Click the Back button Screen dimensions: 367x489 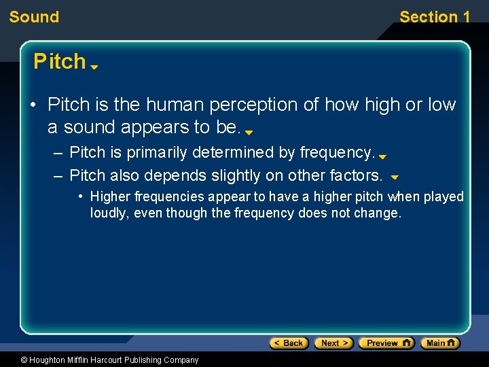click(x=289, y=343)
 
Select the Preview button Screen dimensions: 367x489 click(x=386, y=343)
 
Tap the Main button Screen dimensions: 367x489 click(x=440, y=343)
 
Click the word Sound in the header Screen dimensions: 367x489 click(x=34, y=17)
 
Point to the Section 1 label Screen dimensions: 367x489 click(x=435, y=17)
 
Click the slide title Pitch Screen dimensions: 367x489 click(x=60, y=62)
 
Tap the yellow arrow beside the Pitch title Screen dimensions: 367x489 click(x=94, y=67)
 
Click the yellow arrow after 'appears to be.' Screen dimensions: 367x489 click(x=249, y=133)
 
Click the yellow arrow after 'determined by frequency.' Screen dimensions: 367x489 click(x=382, y=156)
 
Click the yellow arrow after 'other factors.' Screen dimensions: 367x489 click(x=394, y=177)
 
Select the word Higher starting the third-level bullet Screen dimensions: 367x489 click(x=111, y=197)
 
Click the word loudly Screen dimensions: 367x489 click(x=109, y=213)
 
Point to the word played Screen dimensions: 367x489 click(x=444, y=197)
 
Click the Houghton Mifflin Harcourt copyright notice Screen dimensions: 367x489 click(x=100, y=360)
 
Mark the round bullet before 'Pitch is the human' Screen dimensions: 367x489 click(x=33, y=105)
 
